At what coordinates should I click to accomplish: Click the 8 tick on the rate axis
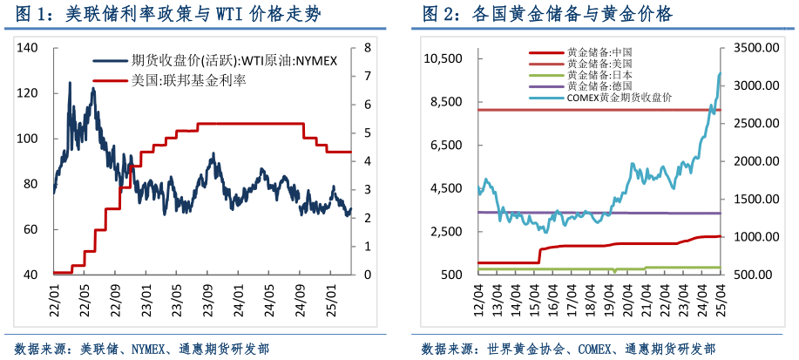tap(367, 48)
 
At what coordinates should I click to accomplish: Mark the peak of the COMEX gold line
tap(721, 74)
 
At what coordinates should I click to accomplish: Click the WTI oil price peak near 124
tap(70, 84)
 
